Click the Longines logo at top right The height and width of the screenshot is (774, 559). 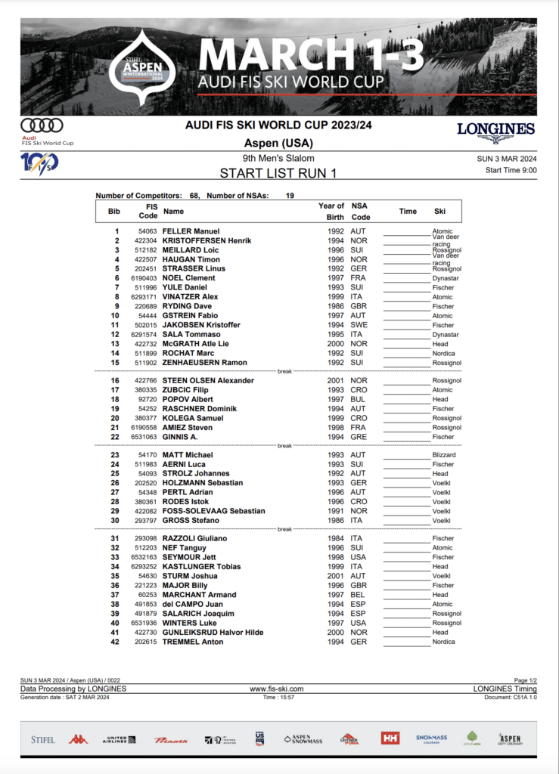pos(495,131)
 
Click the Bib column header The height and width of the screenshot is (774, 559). pos(114,211)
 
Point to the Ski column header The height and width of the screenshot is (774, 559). pos(440,211)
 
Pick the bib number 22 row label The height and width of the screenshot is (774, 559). pos(115,437)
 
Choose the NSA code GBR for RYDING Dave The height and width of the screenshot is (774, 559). pos(359,306)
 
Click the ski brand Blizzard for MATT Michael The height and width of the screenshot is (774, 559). pos(444,455)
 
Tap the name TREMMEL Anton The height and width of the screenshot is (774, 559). pos(192,642)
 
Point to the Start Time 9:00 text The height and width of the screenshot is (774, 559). pos(511,171)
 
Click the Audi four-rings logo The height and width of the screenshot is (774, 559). pos(42,125)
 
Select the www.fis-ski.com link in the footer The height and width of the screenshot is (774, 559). pos(276,689)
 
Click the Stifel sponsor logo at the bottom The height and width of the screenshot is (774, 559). pos(42,738)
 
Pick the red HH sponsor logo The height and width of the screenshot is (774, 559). pos(390,738)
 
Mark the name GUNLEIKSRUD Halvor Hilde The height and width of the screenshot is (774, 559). pos(213,633)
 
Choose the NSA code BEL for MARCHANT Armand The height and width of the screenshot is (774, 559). pos(358,595)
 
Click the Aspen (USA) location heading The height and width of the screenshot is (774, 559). pos(278,143)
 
